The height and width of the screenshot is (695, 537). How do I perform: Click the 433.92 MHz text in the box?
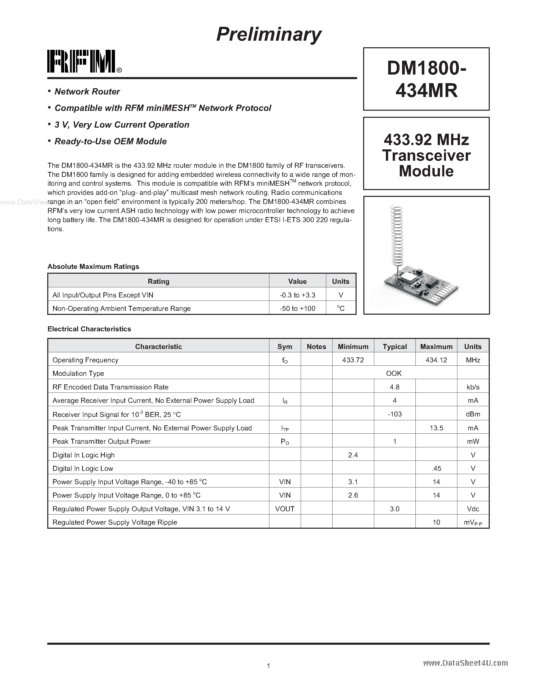click(x=426, y=140)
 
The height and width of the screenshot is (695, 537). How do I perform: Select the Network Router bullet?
click(x=87, y=92)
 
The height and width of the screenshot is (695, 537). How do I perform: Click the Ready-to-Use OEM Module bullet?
click(x=110, y=141)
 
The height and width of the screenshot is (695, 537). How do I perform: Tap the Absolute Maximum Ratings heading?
click(x=93, y=267)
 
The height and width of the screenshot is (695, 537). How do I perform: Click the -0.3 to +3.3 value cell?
click(x=297, y=295)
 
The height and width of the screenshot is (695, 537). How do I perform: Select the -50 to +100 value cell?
click(x=297, y=308)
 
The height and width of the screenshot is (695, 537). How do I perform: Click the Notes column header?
click(x=316, y=346)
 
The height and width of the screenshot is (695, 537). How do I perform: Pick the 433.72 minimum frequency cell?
click(x=353, y=360)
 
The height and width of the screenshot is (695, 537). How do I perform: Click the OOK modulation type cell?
click(x=394, y=373)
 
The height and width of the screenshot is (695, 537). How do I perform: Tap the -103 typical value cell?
click(x=394, y=414)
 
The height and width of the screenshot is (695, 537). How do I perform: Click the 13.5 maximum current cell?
click(x=436, y=428)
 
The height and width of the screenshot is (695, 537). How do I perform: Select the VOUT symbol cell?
click(x=285, y=509)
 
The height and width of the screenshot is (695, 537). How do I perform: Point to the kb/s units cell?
click(x=473, y=387)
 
